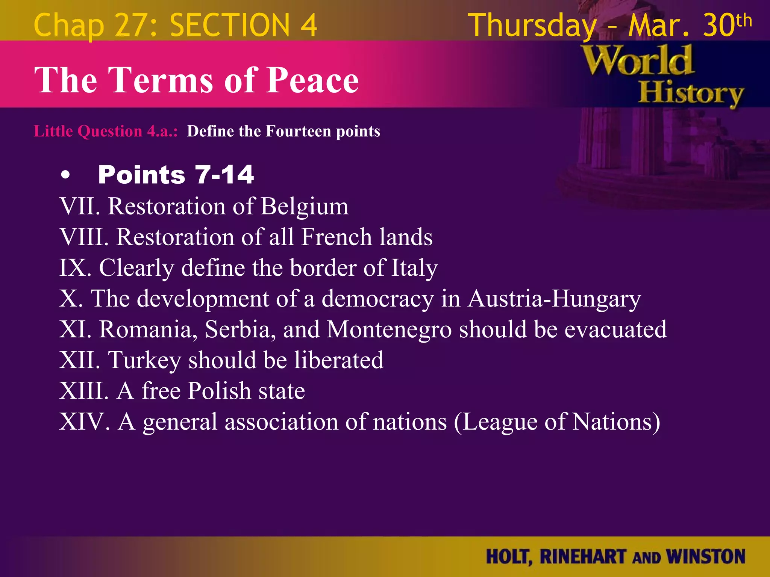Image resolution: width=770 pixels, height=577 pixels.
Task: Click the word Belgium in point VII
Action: click(x=304, y=207)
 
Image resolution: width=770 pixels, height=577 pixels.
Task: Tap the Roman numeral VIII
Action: click(x=84, y=237)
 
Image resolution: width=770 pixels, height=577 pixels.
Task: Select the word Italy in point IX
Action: click(x=414, y=268)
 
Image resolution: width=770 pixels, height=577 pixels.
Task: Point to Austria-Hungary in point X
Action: click(x=554, y=299)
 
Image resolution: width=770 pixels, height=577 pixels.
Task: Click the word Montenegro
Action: click(x=389, y=329)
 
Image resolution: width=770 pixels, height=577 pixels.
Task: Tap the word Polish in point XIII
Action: click(x=219, y=391)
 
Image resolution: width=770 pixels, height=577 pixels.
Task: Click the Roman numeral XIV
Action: click(x=84, y=421)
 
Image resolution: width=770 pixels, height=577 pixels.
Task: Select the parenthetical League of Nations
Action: click(x=557, y=422)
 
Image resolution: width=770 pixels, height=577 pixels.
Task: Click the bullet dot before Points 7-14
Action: click(x=65, y=175)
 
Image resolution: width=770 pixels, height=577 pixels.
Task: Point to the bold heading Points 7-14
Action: click(x=176, y=175)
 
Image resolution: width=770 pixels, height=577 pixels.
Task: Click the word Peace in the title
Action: click(x=312, y=80)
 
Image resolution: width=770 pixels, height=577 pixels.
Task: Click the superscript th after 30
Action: click(x=744, y=21)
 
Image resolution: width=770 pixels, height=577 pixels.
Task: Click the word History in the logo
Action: click(x=691, y=94)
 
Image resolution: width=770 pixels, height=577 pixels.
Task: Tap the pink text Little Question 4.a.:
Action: click(x=106, y=131)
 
